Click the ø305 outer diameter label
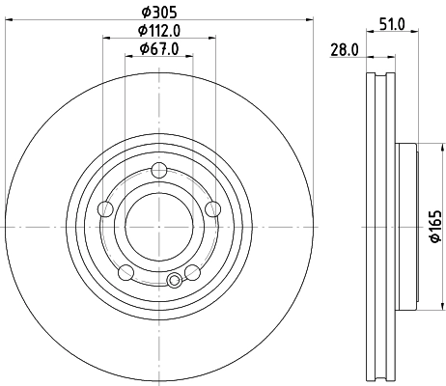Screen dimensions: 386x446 coord(160,11)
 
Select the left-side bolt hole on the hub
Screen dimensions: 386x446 coord(107,208)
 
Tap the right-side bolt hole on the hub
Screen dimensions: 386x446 coord(212,208)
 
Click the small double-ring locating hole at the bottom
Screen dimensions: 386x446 coord(174,281)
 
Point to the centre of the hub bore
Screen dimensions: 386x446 coord(160,226)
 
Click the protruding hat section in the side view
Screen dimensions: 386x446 coord(405,226)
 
